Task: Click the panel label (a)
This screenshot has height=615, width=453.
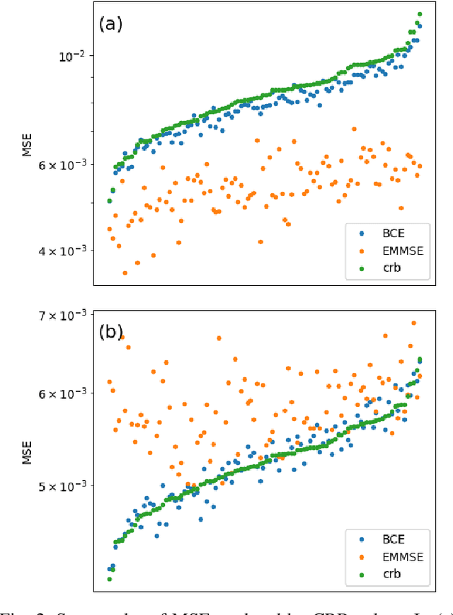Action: click(x=110, y=24)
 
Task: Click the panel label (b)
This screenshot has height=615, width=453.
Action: click(x=110, y=332)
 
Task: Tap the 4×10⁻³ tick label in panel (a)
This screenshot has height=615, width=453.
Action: click(x=62, y=250)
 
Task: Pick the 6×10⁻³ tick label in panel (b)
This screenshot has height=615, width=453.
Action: click(x=62, y=393)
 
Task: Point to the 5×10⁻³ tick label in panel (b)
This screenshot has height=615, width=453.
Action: click(x=62, y=486)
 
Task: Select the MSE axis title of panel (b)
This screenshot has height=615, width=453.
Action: click(x=28, y=448)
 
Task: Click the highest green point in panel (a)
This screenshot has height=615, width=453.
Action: click(x=419, y=14)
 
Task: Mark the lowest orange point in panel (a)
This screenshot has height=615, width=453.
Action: click(x=125, y=272)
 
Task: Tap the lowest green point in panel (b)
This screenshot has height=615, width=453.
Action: click(x=110, y=579)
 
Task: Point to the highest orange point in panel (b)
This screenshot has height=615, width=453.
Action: click(x=414, y=323)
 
